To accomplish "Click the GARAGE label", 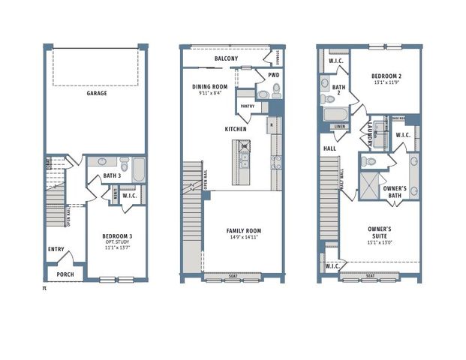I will coord(96,94).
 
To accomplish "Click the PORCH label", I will coord(65,274).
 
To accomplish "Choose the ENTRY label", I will coord(56,250).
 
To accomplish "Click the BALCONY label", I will coord(226,58).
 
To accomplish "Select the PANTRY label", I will coord(247,106).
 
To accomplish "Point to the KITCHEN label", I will coord(235,129).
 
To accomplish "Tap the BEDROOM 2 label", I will coord(388,76).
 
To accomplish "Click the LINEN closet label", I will coord(339,127).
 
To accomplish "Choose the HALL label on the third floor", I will coord(329,148).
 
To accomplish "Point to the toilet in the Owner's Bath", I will coord(367,161).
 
